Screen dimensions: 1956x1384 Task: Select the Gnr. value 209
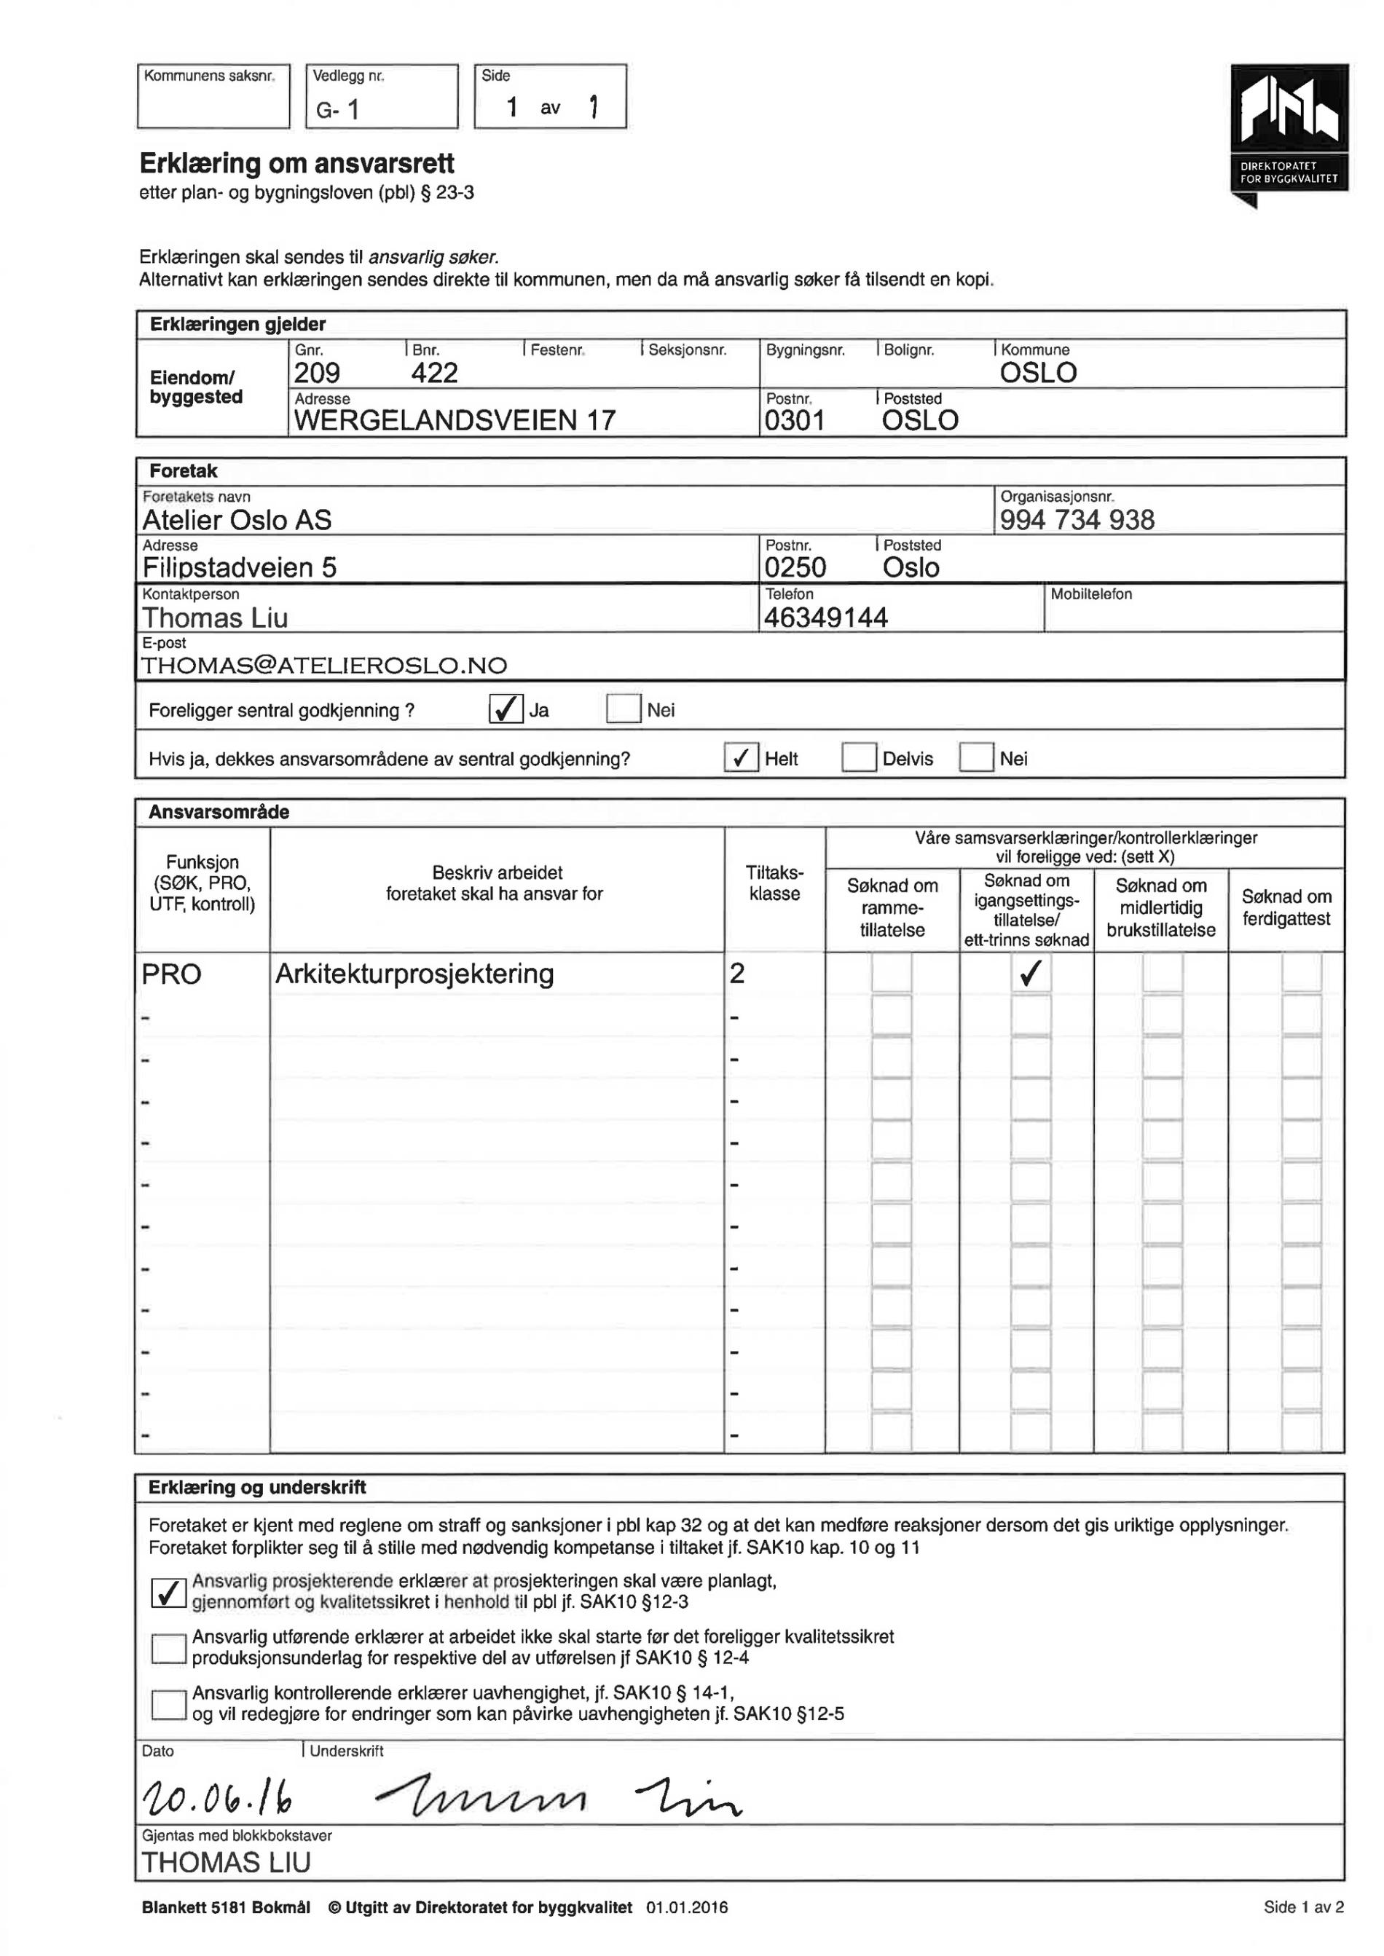coord(317,373)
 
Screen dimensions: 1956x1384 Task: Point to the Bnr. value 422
coord(435,373)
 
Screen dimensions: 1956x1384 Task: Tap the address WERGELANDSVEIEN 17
coord(455,421)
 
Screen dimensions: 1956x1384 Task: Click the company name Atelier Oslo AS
coord(237,520)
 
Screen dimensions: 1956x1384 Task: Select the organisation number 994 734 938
coord(1077,520)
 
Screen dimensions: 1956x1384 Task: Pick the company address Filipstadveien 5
coord(240,568)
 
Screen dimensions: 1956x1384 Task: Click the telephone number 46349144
coord(826,618)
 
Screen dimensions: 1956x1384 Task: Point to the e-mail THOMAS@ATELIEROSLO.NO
coord(324,666)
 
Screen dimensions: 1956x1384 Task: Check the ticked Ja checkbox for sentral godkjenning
coord(506,709)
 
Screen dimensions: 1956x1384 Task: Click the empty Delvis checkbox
coord(858,757)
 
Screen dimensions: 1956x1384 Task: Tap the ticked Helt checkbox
coord(741,757)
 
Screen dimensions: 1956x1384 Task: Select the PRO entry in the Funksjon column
coord(171,974)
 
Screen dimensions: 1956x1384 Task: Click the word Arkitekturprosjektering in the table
coord(414,974)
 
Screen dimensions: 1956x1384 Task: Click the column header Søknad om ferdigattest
coord(1285,908)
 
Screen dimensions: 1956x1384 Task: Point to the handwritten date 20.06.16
coord(219,1799)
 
